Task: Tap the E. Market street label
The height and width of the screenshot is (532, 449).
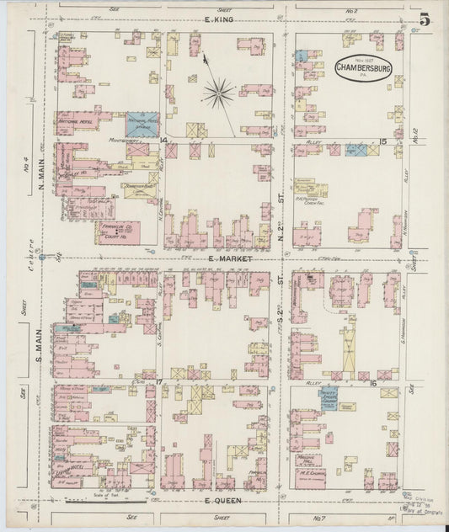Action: [221, 260]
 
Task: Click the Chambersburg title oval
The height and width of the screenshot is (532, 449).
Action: [363, 68]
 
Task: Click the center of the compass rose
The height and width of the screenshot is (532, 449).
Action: [218, 93]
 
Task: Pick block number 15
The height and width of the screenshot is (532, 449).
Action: [382, 141]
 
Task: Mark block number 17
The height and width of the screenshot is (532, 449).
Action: [158, 382]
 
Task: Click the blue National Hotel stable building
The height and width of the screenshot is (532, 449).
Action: [142, 124]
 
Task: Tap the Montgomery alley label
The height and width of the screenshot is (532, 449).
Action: [123, 140]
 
